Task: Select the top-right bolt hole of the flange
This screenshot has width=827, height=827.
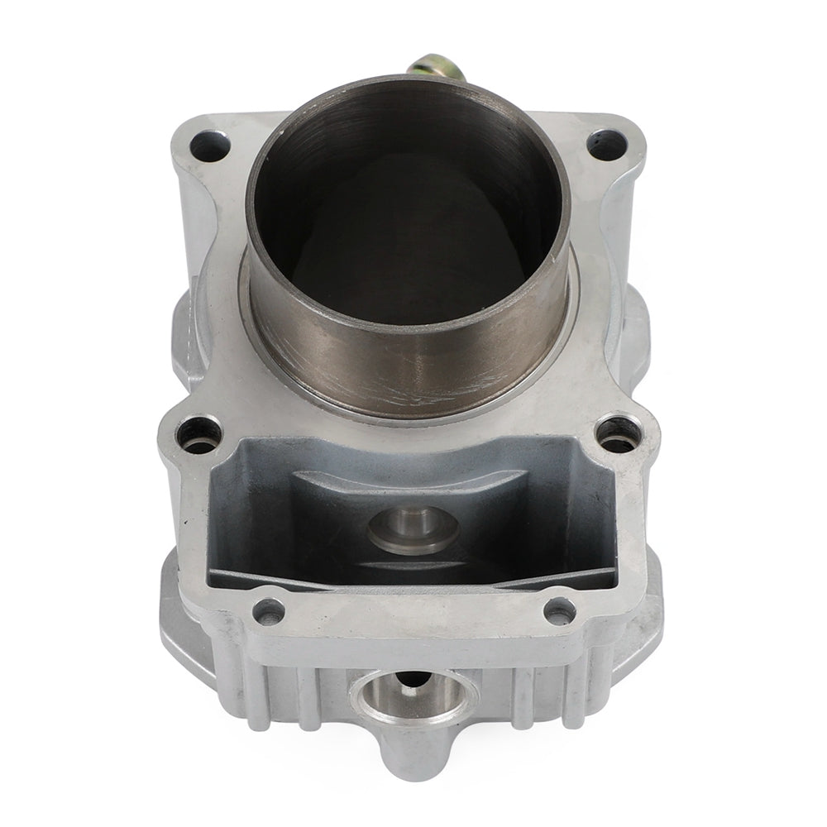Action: (606, 145)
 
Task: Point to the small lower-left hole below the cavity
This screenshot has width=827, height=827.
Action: (268, 611)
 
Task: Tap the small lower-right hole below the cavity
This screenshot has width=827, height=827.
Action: (560, 611)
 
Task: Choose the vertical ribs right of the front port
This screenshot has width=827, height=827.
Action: (538, 691)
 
